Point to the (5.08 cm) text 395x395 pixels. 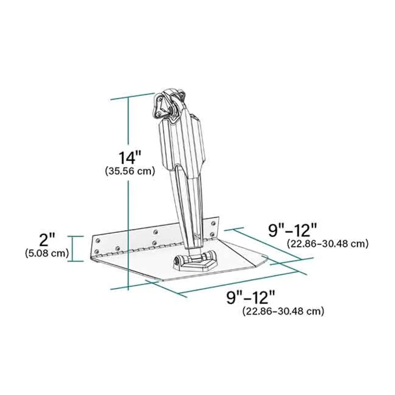tap(47, 253)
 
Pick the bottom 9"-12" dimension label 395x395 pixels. tap(250, 297)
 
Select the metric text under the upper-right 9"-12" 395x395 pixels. tap(327, 244)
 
